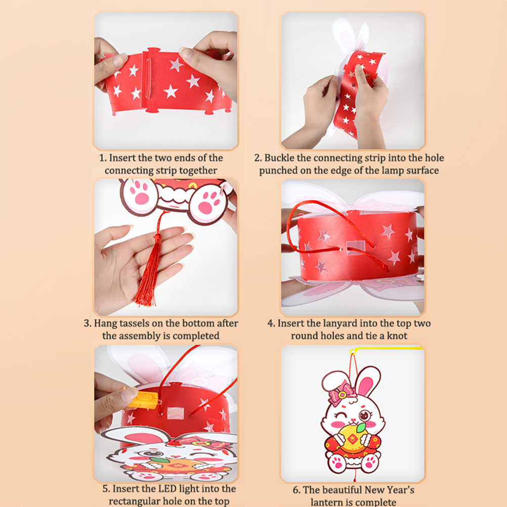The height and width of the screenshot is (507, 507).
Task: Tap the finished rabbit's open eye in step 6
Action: [x=364, y=415]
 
